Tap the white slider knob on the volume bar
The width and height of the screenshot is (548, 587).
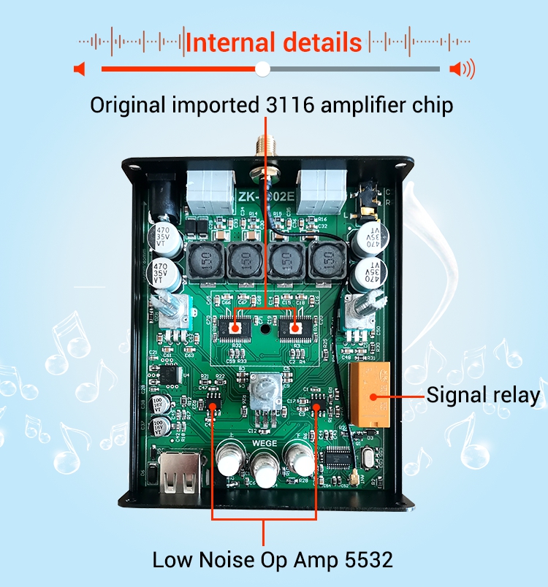[263, 69]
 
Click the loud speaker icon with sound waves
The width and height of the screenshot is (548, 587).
[462, 69]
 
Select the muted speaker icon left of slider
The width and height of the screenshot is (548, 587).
[80, 69]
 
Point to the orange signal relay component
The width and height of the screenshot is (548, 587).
[372, 394]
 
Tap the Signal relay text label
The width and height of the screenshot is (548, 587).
[483, 396]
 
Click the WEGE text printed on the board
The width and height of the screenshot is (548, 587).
[264, 442]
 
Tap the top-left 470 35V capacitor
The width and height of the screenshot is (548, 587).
[162, 239]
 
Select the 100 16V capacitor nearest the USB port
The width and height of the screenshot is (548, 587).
[158, 427]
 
